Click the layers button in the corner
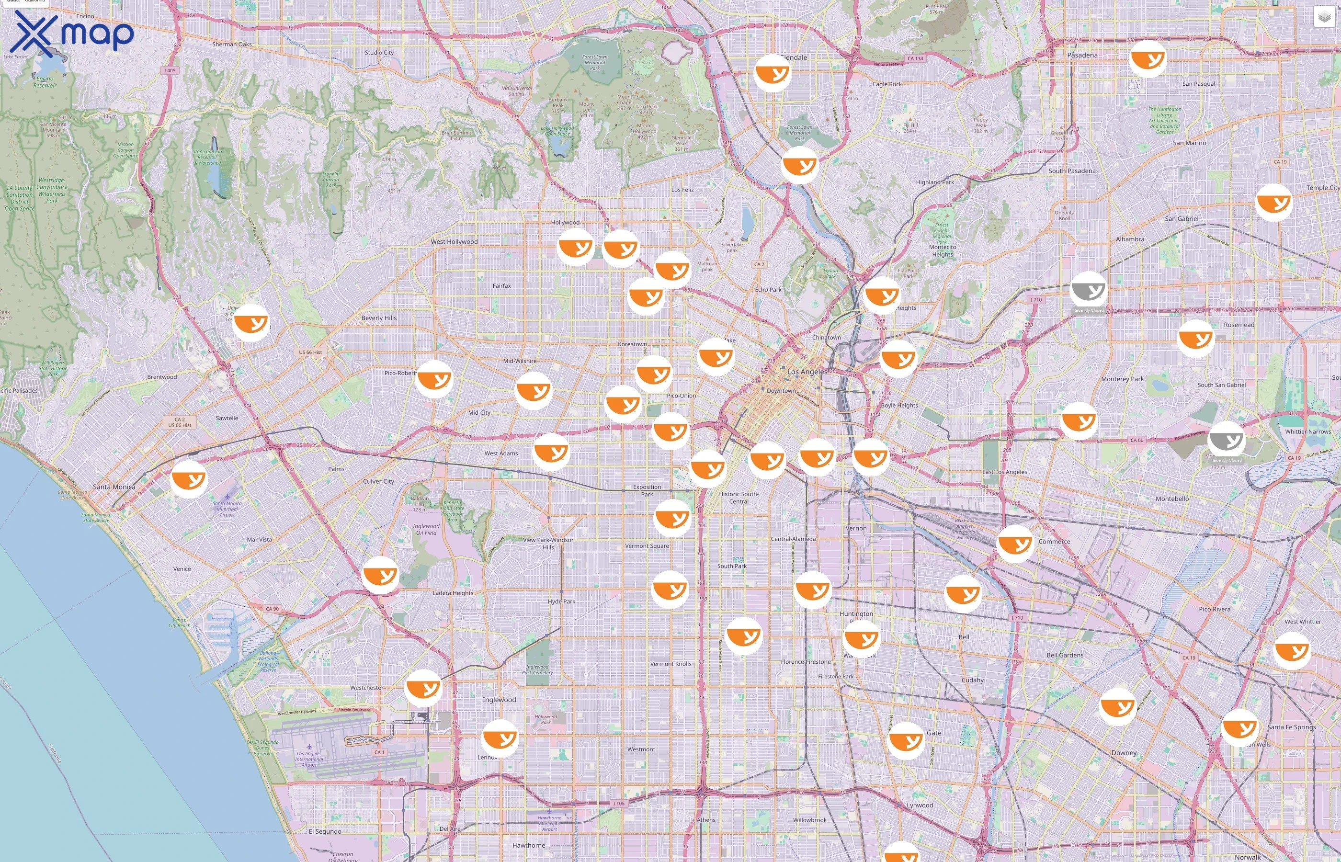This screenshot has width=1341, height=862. tap(1324, 17)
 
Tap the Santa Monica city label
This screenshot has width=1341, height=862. tap(114, 487)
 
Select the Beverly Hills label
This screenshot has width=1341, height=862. tap(379, 318)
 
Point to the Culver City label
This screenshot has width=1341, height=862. tap(378, 481)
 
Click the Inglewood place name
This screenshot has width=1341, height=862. tap(499, 700)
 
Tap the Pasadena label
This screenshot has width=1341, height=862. tap(1082, 55)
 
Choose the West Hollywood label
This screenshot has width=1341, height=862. tap(454, 242)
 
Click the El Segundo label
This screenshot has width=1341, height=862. tap(325, 832)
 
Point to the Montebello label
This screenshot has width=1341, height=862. tap(1172, 499)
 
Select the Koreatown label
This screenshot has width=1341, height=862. tap(632, 344)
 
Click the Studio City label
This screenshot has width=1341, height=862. tap(379, 53)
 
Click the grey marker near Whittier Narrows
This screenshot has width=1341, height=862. tap(1226, 440)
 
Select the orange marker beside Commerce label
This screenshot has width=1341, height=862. tap(1015, 544)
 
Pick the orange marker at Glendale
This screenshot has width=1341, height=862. tap(773, 72)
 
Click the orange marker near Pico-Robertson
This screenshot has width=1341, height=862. tap(434, 379)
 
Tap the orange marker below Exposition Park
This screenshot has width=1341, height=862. tap(672, 518)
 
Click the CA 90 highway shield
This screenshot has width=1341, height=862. tap(272, 609)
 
